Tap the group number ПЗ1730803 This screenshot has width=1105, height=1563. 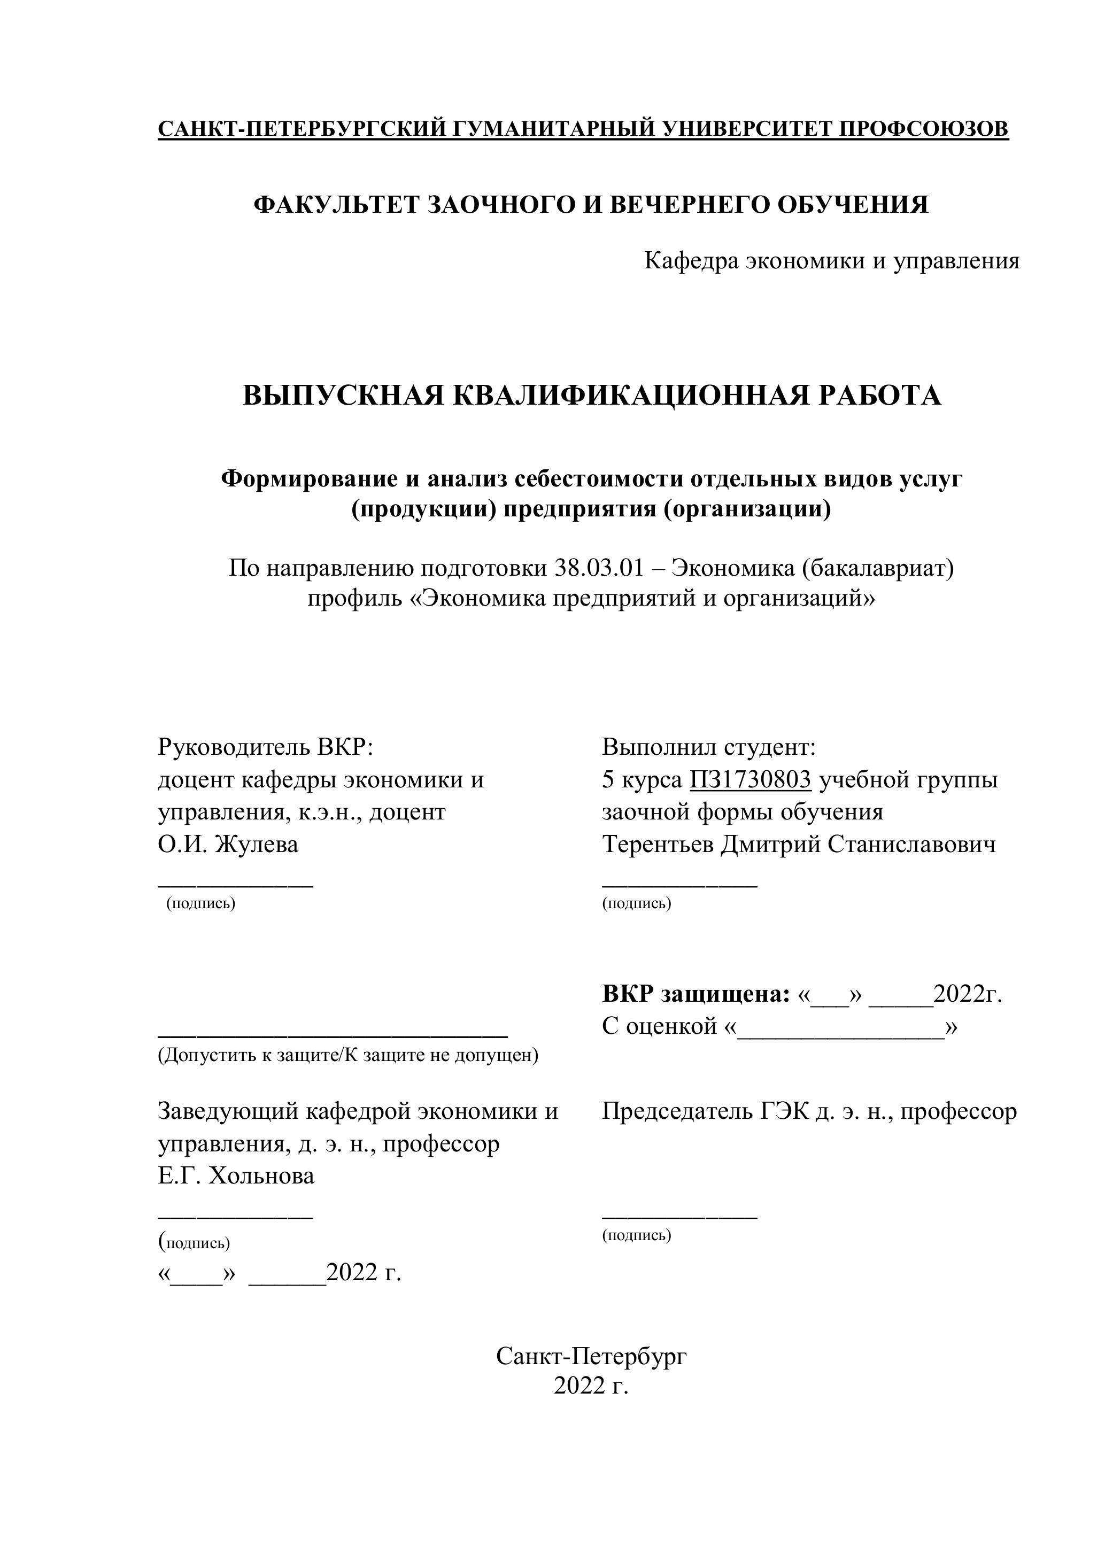(x=750, y=779)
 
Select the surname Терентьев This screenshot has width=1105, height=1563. (x=658, y=844)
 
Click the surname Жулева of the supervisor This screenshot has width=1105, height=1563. (x=257, y=844)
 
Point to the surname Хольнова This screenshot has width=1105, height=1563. (x=261, y=1175)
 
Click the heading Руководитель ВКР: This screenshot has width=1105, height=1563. (x=266, y=747)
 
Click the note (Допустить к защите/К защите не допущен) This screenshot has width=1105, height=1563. (x=348, y=1055)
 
